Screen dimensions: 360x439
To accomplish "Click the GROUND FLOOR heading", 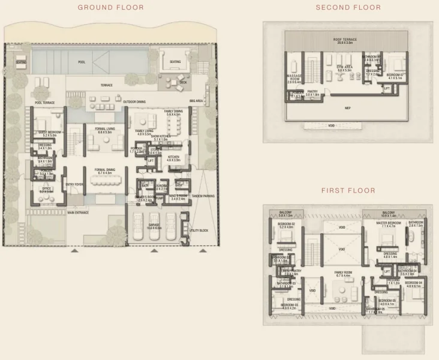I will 110,7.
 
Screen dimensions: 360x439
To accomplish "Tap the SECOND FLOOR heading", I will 348,7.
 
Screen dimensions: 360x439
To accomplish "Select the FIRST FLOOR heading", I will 348,191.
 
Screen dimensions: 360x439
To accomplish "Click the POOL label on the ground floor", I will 82,62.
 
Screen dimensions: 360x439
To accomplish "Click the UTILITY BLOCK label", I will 198,230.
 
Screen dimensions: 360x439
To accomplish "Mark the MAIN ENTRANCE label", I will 79,212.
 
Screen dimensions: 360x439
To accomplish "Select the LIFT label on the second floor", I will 387,88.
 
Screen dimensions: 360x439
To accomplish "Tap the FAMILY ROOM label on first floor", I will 343,274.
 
